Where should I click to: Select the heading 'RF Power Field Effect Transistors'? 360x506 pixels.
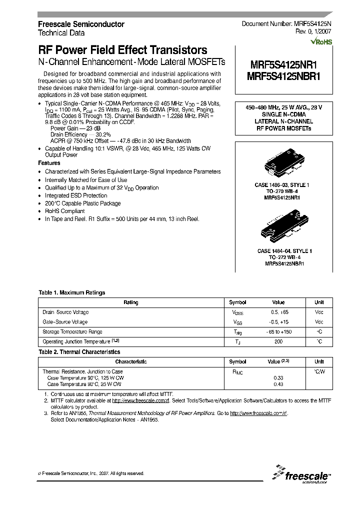pyautogui.click(x=122, y=50)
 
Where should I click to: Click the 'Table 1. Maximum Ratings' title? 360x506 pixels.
pyautogui.click(x=71, y=292)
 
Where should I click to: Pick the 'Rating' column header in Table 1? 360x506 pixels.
pyautogui.click(x=130, y=302)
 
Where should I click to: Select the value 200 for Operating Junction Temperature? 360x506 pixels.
pyautogui.click(x=278, y=341)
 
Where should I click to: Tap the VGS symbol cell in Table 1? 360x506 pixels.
pyautogui.click(x=237, y=322)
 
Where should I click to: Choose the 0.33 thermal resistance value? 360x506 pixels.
pyautogui.click(x=278, y=377)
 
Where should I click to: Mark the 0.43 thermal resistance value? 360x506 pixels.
pyautogui.click(x=278, y=384)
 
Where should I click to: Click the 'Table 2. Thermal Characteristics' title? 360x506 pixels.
pyautogui.click(x=79, y=352)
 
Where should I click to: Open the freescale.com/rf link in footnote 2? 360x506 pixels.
pyautogui.click(x=140, y=400)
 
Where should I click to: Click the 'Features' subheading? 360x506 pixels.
pyautogui.click(x=49, y=163)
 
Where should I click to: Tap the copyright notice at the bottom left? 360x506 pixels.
pyautogui.click(x=91, y=473)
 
